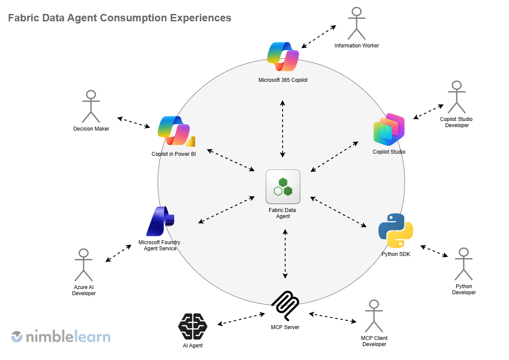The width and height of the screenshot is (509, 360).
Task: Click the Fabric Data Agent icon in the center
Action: pos(283,187)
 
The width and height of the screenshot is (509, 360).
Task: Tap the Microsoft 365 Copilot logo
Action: pos(283,57)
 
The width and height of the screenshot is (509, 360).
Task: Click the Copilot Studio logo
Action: pos(389,129)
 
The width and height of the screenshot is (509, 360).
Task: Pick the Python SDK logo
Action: pos(395,231)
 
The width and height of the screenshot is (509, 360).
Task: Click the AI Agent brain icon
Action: pos(192,326)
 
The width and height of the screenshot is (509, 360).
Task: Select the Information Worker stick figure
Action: pos(357,24)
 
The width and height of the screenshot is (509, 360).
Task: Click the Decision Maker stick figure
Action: pos(91,106)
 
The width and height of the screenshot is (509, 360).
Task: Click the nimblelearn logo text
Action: pos(67,337)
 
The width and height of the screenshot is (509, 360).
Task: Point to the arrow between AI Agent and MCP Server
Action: pos(241,319)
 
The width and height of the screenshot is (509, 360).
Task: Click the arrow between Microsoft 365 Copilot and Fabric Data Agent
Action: pos(283,128)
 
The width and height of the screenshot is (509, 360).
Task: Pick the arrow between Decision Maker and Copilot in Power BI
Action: pos(134,122)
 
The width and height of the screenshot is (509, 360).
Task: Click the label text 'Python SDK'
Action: pos(395,254)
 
